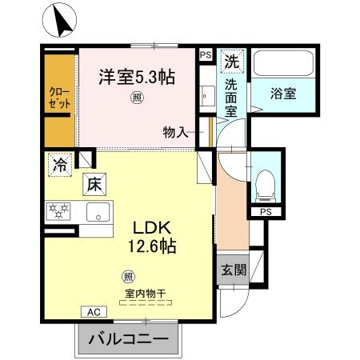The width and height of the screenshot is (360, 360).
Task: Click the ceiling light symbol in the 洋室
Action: pos(137,99)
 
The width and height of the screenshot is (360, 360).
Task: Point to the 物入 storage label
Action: pos(175,133)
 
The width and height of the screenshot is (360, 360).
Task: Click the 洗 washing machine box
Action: pos(231,60)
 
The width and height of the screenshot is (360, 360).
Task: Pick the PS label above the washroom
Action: pos(206,54)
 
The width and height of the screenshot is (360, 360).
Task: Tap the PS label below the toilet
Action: pos(264,212)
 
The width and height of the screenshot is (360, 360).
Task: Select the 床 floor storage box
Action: pos(94,183)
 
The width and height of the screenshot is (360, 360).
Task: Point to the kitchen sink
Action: pos(98,213)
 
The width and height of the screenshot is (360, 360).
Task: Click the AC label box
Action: pos(92,312)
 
